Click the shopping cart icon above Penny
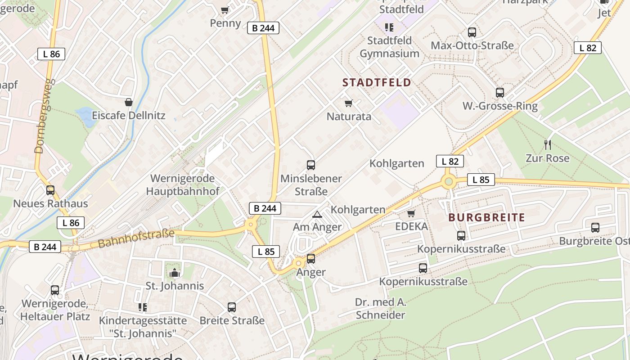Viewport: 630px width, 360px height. click(x=225, y=10)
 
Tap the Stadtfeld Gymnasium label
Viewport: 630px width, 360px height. click(x=389, y=47)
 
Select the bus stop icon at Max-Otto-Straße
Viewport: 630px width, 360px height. click(x=472, y=32)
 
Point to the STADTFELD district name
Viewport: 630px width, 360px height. click(x=377, y=82)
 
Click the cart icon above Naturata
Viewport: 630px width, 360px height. click(x=348, y=103)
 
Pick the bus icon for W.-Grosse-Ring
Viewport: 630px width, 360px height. click(x=499, y=93)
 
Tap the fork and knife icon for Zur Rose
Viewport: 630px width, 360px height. click(x=547, y=145)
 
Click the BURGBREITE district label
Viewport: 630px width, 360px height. click(x=486, y=218)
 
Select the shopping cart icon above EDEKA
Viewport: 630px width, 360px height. click(x=411, y=213)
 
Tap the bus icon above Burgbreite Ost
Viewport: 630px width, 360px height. click(x=595, y=228)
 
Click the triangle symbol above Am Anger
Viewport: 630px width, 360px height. click(x=317, y=214)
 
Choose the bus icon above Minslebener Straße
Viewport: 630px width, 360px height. click(x=310, y=165)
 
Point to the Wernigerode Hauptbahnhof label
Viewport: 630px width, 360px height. click(x=183, y=184)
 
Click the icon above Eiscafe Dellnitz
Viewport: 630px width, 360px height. click(x=129, y=103)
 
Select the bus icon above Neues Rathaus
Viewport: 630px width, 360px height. click(x=50, y=190)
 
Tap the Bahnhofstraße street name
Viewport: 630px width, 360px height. click(x=136, y=238)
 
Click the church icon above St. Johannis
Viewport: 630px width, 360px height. click(x=175, y=273)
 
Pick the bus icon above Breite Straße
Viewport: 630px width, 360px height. click(x=232, y=307)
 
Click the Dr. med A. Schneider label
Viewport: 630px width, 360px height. click(x=380, y=308)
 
